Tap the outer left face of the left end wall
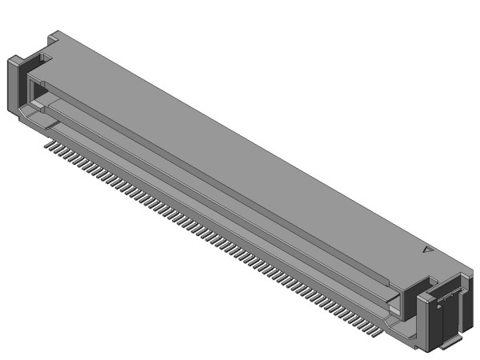(x=12, y=89)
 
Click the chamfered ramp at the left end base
(x=32, y=119)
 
